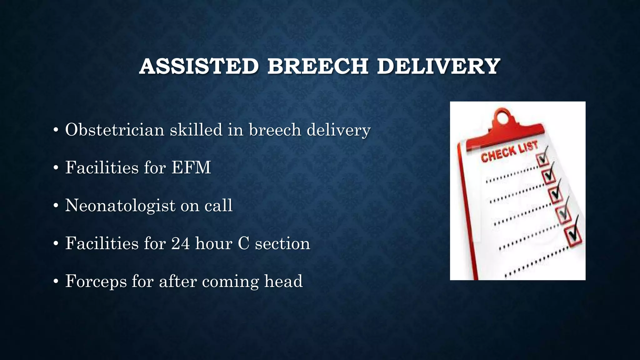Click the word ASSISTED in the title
[x=199, y=67]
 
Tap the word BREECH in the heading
[x=317, y=67]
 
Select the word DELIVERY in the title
[x=438, y=67]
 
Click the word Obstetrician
[x=114, y=130]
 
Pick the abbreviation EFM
[x=191, y=167]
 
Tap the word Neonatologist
[x=120, y=206]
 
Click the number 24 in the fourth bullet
[x=180, y=243]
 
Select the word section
[x=282, y=243]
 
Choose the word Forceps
[x=96, y=281]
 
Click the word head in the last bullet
[x=283, y=281]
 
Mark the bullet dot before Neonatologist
[x=56, y=206]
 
